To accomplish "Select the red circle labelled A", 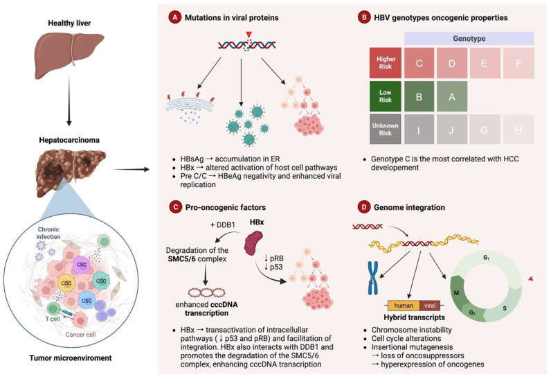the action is click(x=174, y=17).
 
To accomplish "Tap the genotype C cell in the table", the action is click(x=419, y=63).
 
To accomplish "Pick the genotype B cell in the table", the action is click(x=419, y=97).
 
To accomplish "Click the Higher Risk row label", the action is click(x=386, y=63).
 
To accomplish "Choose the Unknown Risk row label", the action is click(x=386, y=129).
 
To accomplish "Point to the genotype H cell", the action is click(x=518, y=130).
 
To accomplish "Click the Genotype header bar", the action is click(x=469, y=38).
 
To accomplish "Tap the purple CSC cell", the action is click(x=82, y=265).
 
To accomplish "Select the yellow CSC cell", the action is click(x=66, y=283).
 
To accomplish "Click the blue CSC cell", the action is click(x=87, y=301).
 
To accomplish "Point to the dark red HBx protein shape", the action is click(x=254, y=243).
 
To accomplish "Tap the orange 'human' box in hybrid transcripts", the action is click(x=404, y=306).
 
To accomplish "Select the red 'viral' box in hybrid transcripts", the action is click(x=430, y=306).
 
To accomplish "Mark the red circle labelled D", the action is click(x=363, y=207).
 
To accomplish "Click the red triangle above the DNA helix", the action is click(x=249, y=35).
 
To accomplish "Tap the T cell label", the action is click(x=53, y=319).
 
